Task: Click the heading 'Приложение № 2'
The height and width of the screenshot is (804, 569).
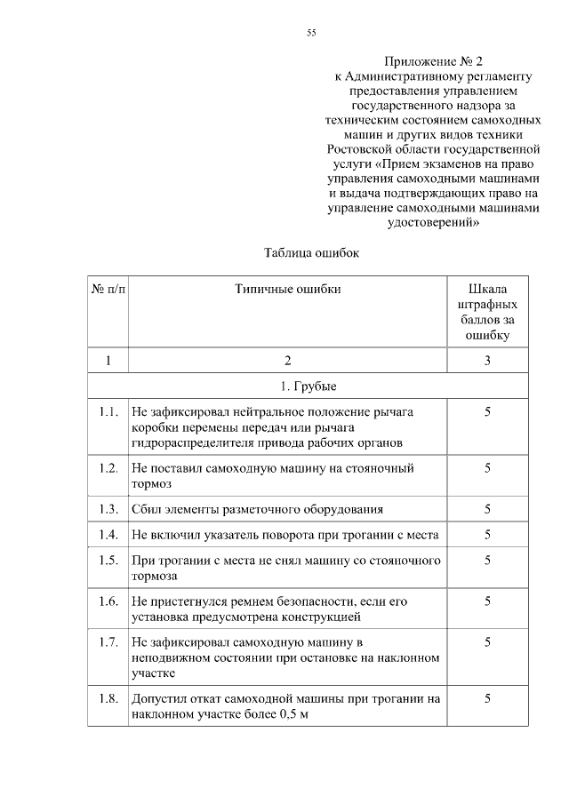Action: pos(433,62)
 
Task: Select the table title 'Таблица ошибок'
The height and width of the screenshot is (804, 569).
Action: pos(310,252)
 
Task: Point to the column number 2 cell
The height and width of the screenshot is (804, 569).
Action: pos(287,361)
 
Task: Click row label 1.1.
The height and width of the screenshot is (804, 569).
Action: pos(108,412)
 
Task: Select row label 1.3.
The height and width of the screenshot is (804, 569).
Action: pos(108,509)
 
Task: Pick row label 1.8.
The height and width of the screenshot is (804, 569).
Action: pos(108,699)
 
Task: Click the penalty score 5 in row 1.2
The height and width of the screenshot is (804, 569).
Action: pos(487,467)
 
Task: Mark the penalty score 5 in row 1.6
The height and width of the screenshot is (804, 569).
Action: pos(487,601)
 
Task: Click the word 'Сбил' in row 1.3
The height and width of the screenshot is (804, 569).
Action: pos(145,509)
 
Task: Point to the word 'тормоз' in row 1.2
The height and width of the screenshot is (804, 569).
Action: pos(150,484)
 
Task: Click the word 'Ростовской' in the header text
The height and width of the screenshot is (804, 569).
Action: pos(362,148)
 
